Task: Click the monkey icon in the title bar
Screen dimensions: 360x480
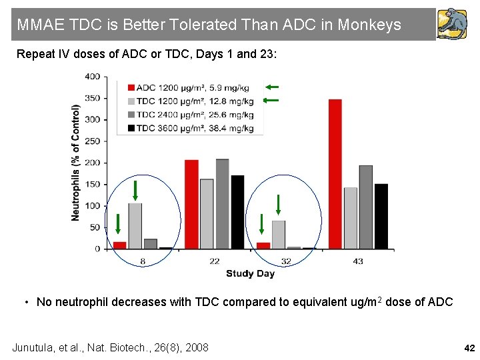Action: click(452, 25)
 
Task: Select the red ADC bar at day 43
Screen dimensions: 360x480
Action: click(335, 174)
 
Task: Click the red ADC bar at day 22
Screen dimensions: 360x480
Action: click(191, 204)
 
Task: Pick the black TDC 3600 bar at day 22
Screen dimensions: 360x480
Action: click(237, 212)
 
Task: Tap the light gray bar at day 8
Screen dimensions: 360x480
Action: click(135, 226)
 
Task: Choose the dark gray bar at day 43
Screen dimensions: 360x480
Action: click(365, 207)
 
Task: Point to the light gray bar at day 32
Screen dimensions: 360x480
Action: click(279, 235)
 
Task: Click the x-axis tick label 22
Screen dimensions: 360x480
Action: click(215, 261)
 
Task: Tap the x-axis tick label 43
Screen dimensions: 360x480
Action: click(358, 261)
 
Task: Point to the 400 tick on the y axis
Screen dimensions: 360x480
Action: click(92, 77)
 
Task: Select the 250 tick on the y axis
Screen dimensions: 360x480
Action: click(92, 141)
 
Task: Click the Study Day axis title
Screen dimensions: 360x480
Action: click(250, 273)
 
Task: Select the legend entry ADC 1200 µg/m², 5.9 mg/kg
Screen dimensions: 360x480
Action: click(191, 87)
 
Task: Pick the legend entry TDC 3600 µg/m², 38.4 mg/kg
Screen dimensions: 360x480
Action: click(191, 127)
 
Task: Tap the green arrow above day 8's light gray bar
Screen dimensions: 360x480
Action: click(135, 191)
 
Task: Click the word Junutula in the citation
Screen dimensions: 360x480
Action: click(37, 347)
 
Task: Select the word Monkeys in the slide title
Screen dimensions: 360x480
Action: click(369, 25)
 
